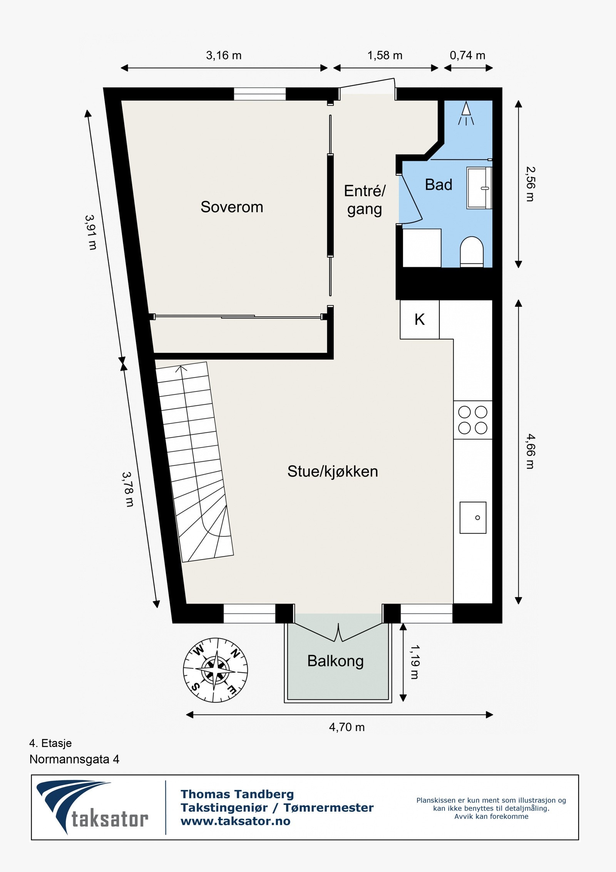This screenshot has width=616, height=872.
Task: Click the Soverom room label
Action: pos(232,207)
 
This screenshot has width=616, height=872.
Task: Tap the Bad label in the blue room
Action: pos(438,185)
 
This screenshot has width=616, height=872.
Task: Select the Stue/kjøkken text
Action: pos(333,472)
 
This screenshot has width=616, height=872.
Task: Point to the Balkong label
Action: pos(335,661)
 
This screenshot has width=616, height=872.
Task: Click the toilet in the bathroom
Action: pos(472,251)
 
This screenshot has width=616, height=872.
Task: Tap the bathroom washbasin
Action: pos(479,188)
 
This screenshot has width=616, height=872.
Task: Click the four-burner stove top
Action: pos(473,420)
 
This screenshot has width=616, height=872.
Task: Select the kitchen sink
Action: pos(473,517)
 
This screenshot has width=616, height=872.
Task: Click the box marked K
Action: pos(419,319)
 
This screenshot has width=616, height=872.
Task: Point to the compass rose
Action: pos(215,670)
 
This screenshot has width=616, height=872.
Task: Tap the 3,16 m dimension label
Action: pos(224,55)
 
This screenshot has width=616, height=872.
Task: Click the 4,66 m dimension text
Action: pos(531,451)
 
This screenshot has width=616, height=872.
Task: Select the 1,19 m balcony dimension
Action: pos(414,662)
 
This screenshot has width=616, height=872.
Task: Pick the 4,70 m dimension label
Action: pos(346,727)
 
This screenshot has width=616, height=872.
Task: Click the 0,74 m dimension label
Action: pos(467,55)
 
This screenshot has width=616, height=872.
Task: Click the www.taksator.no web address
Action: pos(236,821)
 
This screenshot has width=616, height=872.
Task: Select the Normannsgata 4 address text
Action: pos(74,759)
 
